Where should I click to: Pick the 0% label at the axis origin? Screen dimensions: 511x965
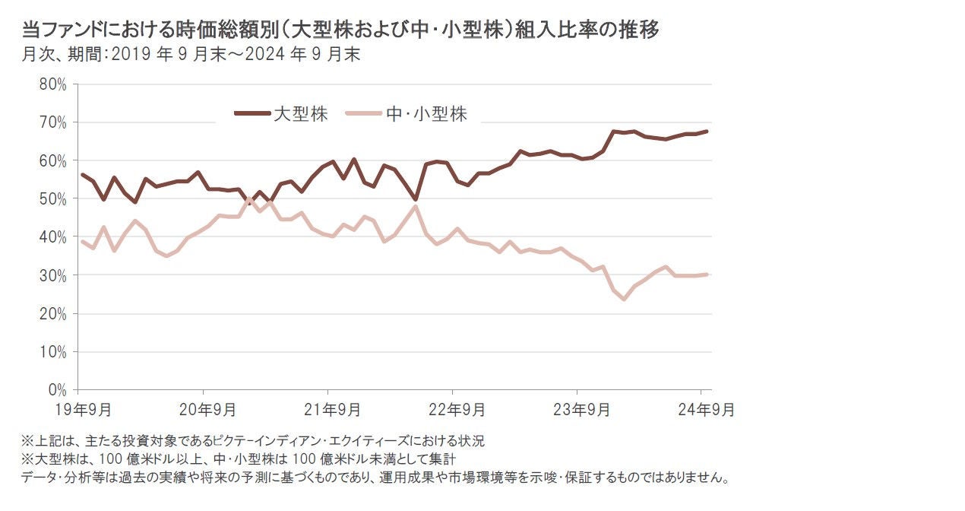[x=58, y=390]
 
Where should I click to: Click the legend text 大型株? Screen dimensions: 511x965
[x=301, y=114]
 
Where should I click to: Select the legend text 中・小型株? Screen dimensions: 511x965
[x=426, y=114]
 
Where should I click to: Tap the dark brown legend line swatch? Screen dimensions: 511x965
[x=252, y=114]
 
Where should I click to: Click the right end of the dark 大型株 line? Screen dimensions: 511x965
[x=707, y=132]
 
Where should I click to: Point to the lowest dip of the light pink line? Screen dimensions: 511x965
[x=624, y=300]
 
